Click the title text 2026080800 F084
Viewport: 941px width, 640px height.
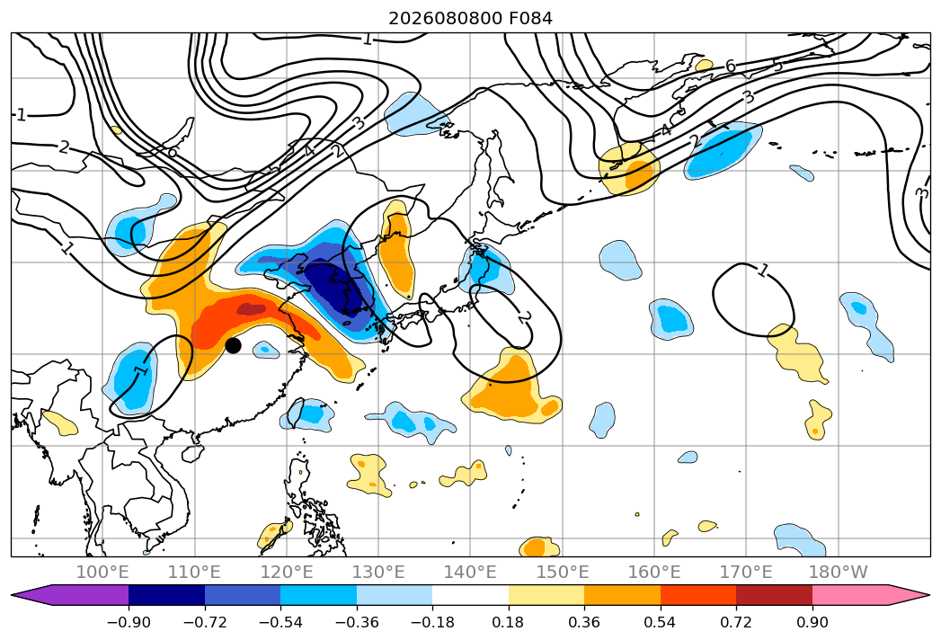point(471,18)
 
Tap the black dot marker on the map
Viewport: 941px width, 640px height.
point(233,345)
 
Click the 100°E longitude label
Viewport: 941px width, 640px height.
point(102,572)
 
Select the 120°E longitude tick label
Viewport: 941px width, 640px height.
point(287,572)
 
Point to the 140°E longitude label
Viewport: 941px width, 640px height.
point(470,572)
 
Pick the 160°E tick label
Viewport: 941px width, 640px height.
point(654,572)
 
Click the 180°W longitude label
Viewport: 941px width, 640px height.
point(839,572)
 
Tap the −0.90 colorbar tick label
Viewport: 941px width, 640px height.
point(129,622)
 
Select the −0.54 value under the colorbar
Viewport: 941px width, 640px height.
point(280,622)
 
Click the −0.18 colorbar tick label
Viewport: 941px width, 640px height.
point(432,622)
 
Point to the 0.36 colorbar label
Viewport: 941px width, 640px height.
point(584,622)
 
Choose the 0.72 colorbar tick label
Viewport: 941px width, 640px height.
point(736,622)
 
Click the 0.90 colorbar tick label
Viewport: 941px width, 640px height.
point(812,622)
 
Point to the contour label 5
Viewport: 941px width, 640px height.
point(777,65)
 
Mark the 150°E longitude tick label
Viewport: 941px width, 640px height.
point(563,572)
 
